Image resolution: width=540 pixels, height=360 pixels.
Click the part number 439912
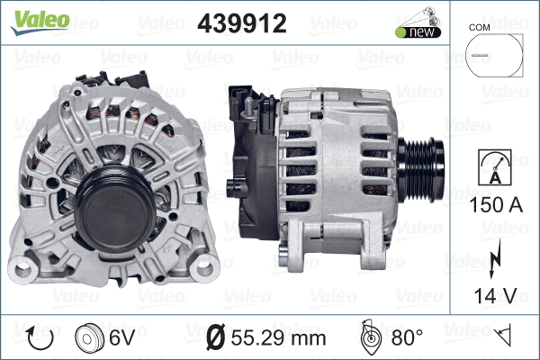tap(241, 23)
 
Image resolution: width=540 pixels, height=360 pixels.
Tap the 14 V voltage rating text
tap(493, 294)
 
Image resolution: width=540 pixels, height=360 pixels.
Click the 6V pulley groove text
tap(121, 337)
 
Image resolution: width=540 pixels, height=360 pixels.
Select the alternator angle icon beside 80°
tap(370, 337)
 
